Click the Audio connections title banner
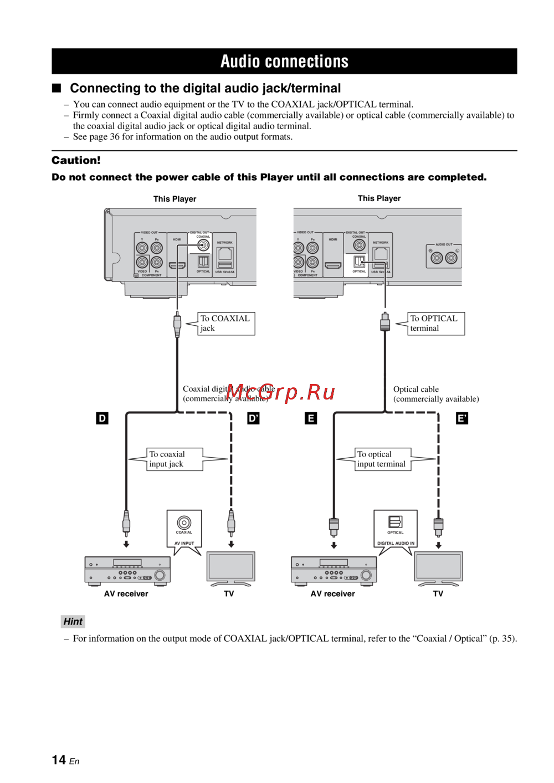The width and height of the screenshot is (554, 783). (284, 61)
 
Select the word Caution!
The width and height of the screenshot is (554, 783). (76, 161)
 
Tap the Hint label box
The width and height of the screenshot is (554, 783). (73, 622)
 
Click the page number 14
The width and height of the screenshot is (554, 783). (59, 760)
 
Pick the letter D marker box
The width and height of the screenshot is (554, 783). (102, 418)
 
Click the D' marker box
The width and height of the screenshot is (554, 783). (253, 418)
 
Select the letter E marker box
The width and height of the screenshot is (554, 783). (311, 418)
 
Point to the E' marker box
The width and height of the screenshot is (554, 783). (461, 418)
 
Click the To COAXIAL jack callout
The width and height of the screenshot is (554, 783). (225, 324)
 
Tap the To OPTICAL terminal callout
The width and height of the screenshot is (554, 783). (435, 324)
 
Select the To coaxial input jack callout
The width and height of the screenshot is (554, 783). (174, 459)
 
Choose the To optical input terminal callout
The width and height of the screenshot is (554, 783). (382, 459)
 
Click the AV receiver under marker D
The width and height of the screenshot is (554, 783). (127, 570)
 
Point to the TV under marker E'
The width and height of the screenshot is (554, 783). (438, 567)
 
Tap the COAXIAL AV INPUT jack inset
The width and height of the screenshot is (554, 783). (184, 529)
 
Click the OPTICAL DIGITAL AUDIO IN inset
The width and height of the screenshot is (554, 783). (396, 529)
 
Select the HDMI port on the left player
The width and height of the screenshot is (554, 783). (177, 265)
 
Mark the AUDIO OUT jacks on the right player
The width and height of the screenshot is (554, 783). (444, 257)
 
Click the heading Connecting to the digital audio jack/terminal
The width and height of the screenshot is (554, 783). (205, 88)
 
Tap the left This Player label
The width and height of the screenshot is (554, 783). (175, 199)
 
